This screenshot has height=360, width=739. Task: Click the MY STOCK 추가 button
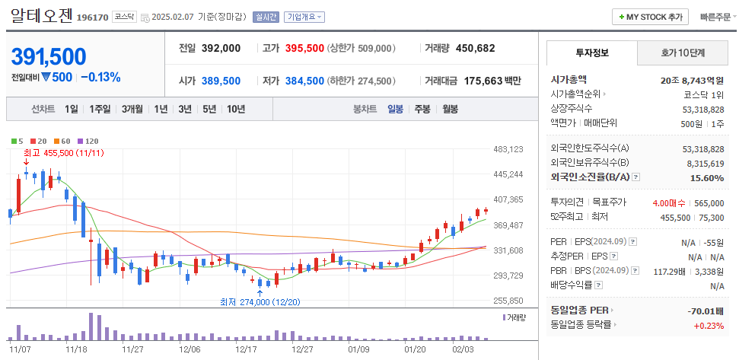(651, 17)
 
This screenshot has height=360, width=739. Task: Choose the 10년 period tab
(235, 109)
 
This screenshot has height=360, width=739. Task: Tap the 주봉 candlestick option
(422, 109)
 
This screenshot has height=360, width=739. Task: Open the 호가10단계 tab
(682, 53)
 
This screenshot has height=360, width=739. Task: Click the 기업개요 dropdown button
(305, 17)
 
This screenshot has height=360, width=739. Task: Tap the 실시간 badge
(266, 17)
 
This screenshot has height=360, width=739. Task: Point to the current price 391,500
(49, 56)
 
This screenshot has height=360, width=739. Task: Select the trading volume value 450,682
(475, 48)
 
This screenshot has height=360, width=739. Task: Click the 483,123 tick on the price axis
(508, 149)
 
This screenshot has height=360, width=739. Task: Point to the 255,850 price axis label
(508, 301)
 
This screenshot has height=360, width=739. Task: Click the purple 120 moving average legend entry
(88, 141)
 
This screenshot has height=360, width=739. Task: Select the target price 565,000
(709, 202)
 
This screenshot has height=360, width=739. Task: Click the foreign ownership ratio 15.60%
(707, 177)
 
